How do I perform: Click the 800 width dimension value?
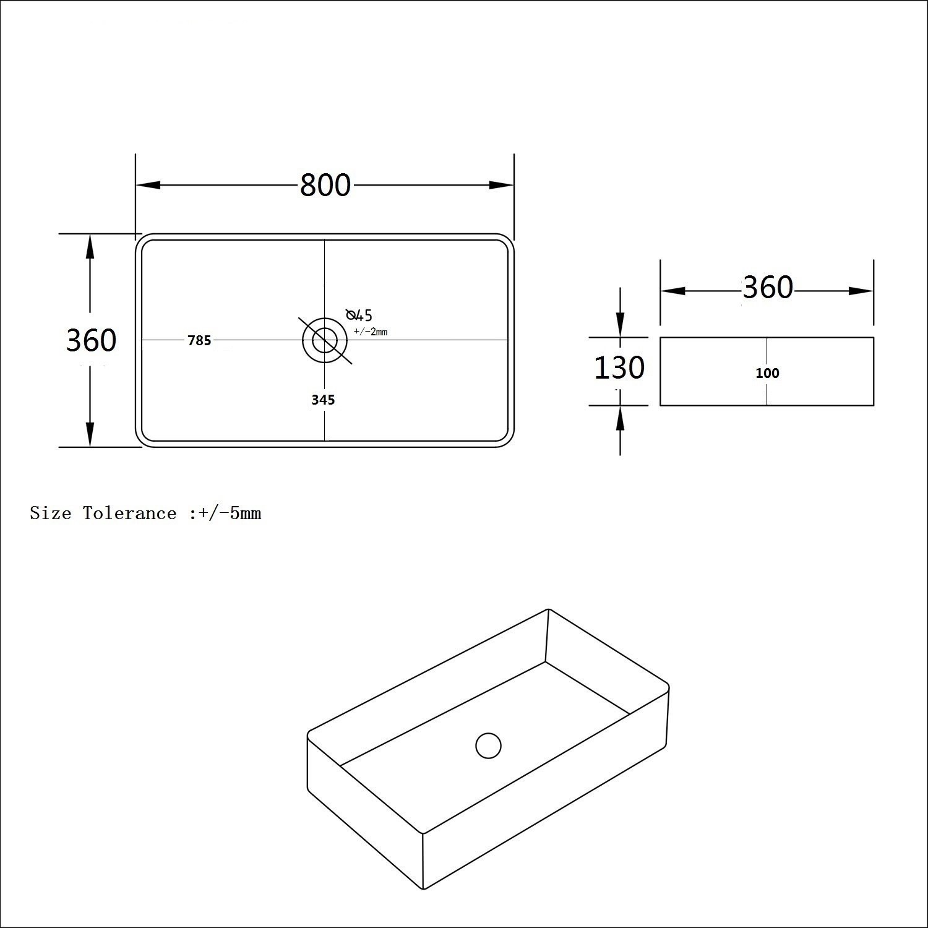[x=325, y=185]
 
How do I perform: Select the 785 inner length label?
[x=199, y=340]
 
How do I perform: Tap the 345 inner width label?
[x=323, y=400]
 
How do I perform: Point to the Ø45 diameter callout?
[x=359, y=315]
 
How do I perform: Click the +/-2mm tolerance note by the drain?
[x=371, y=332]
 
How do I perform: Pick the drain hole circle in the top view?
[x=325, y=340]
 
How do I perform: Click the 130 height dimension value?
[x=619, y=367]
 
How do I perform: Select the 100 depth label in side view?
[x=767, y=373]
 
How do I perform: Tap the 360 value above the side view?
[x=767, y=288]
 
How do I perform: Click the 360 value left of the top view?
[x=91, y=340]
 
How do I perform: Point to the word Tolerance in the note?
[x=130, y=513]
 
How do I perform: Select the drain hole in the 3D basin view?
[x=488, y=745]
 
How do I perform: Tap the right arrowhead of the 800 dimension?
[x=501, y=185]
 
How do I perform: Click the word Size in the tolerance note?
[x=50, y=513]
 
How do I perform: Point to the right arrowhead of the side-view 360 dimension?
[x=861, y=291]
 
